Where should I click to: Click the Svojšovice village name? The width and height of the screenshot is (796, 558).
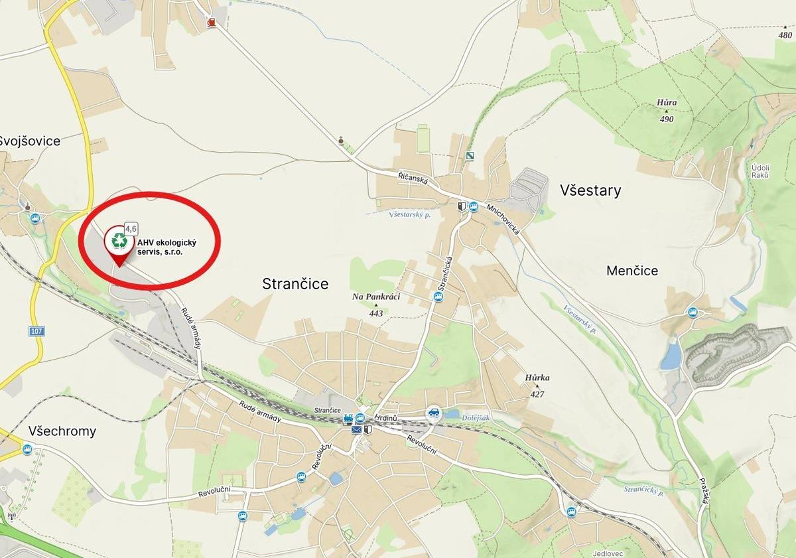pos(30,141)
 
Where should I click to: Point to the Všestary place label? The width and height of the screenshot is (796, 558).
pos(590,191)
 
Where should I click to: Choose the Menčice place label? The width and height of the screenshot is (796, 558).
pos(632,271)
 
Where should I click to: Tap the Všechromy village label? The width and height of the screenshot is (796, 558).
pos(62,431)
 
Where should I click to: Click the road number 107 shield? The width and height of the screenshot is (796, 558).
pos(36,330)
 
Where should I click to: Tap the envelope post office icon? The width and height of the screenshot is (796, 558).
pos(357,430)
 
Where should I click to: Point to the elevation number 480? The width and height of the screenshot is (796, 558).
pos(785,35)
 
